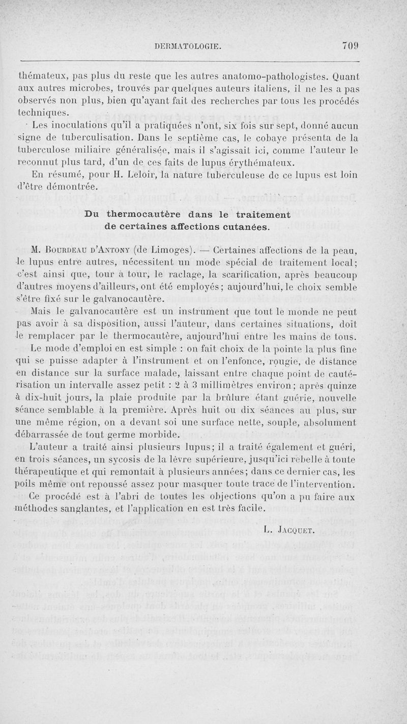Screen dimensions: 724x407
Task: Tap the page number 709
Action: pos(351,46)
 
